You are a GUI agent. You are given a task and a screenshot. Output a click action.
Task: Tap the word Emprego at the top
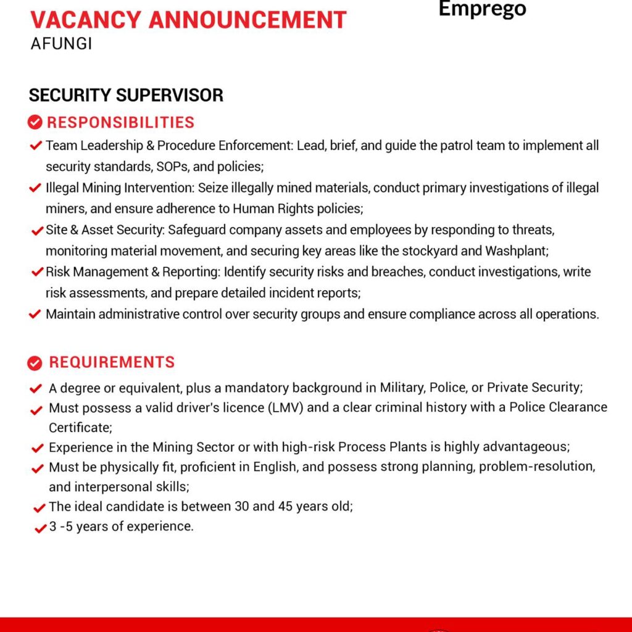tap(482, 9)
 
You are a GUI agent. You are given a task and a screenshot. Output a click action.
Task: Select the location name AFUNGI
tap(61, 45)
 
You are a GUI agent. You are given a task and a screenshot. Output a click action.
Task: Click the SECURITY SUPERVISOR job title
tap(126, 95)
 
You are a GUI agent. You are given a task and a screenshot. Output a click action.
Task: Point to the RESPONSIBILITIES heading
tap(120, 122)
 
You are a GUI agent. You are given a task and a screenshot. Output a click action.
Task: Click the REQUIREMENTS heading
tap(112, 362)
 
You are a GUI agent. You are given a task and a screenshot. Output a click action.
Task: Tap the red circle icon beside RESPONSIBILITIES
tap(35, 123)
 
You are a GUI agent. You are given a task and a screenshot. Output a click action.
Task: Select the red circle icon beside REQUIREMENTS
tap(35, 363)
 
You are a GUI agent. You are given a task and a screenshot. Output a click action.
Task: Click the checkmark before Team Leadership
tap(35, 146)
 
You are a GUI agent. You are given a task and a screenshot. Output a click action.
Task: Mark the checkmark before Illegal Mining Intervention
tap(35, 188)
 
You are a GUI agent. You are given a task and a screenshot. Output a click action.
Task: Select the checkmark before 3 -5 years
tap(39, 528)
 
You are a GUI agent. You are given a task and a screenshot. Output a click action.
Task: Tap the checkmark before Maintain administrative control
tap(35, 315)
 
